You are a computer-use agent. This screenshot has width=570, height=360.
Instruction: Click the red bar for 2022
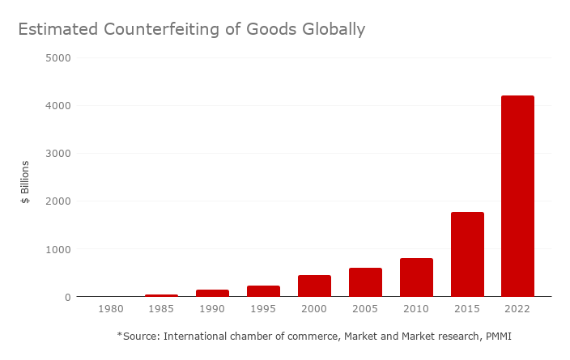pos(517,196)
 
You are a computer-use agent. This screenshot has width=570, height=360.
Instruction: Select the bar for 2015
pos(467,254)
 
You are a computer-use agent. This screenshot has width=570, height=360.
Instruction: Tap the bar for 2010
pos(416,277)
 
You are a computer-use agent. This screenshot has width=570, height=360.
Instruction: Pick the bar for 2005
pos(365,282)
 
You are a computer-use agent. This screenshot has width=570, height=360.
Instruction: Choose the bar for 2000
pos(314,286)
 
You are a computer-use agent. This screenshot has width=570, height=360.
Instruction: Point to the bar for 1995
pos(263,291)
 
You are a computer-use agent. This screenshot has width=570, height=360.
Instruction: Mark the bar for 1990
pos(212,293)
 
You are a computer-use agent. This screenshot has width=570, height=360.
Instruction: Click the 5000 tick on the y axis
pos(59,58)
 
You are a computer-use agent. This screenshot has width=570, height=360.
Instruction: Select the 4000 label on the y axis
pos(59,106)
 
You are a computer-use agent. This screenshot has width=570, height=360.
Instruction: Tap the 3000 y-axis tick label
pos(59,154)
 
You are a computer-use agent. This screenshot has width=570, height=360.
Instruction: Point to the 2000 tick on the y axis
pos(59,201)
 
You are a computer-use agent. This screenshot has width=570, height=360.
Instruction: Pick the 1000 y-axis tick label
pos(59,249)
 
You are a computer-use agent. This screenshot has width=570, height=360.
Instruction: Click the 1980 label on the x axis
pos(110,310)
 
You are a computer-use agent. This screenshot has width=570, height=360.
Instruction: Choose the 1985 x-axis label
pos(161,310)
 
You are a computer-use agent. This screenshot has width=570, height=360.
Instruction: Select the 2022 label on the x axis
pos(517,310)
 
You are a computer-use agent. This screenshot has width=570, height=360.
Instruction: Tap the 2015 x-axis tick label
pos(467,310)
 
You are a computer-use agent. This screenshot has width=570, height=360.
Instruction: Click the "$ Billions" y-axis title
pos(25,182)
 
